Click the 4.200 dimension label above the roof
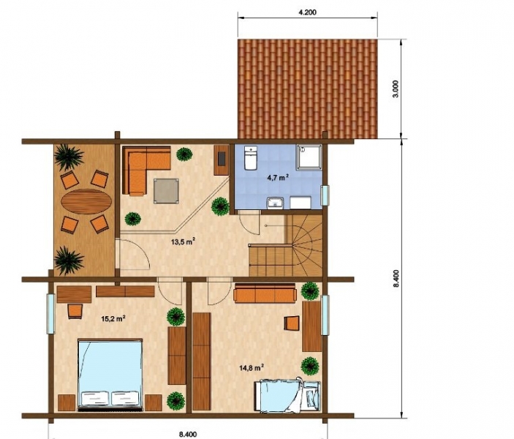point(307,12)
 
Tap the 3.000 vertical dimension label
point(396,89)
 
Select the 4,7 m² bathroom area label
point(278,178)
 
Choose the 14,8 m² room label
point(252,367)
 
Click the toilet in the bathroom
point(251,158)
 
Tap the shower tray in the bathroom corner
point(309,157)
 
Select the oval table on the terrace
point(86,201)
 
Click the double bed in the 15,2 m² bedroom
point(110,375)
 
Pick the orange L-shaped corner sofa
point(146,170)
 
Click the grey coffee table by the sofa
point(166,191)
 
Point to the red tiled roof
point(308,89)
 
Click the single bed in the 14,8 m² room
point(287,395)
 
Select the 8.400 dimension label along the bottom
point(188,435)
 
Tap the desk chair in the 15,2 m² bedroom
point(75,312)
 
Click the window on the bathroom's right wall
point(325,196)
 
